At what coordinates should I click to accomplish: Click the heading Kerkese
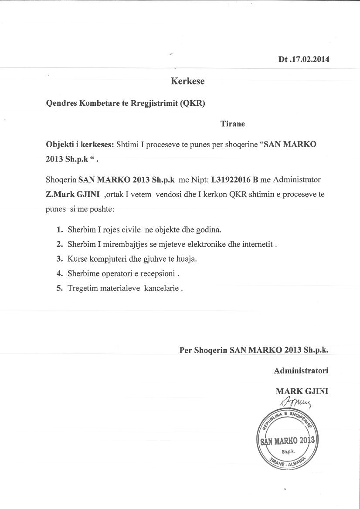tap(187, 81)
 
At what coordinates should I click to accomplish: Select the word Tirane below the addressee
tap(233, 124)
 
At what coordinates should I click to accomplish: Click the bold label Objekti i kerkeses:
tap(80, 145)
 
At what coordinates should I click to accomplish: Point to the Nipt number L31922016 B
tap(234, 179)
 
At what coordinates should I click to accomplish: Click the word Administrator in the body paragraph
tap(296, 179)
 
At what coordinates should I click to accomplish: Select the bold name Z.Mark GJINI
tap(73, 194)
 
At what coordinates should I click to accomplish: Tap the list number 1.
tap(60, 229)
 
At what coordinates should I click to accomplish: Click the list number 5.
tap(60, 288)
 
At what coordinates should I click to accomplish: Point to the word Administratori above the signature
tap(301, 371)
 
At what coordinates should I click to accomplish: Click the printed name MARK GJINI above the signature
tap(302, 391)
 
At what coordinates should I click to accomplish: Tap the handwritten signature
tap(293, 401)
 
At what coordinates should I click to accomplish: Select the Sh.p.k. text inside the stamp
tap(288, 451)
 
